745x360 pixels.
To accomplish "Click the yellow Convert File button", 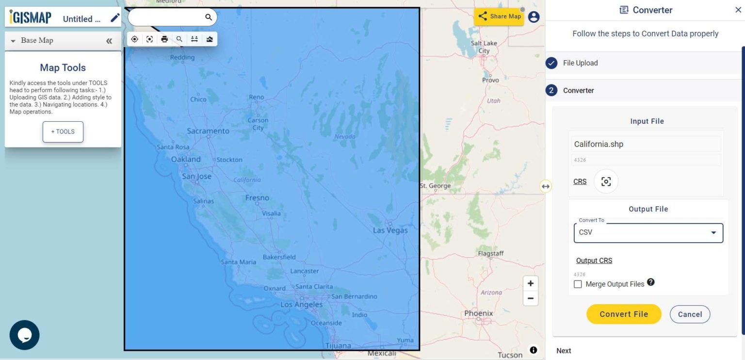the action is coord(624,314).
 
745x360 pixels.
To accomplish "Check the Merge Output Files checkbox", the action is coord(578,284).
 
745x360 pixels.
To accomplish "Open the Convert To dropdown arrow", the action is coord(713,233).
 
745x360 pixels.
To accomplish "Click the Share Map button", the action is coord(499,16).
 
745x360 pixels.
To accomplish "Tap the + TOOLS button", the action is coord(63,131).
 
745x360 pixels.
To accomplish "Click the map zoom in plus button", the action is coord(531,283).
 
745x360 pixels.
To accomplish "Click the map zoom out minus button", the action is coord(531,298).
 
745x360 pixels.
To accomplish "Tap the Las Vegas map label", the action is coord(390,230).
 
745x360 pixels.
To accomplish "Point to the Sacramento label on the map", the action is coord(208,131).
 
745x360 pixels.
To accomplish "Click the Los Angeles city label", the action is coord(301,305).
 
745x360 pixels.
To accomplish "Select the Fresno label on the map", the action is coord(257,197).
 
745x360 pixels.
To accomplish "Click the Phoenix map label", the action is coord(479,313).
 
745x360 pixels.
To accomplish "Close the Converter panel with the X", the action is coord(738,10).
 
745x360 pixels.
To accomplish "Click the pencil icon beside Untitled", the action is coord(115,18).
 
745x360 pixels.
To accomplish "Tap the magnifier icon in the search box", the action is coord(209,17).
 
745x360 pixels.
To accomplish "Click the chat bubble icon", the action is coord(24,335).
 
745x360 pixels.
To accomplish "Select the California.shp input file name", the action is coord(599,144).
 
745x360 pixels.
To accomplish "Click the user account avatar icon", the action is coord(534,17).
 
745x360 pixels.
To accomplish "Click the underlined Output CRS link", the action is coord(594,261).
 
